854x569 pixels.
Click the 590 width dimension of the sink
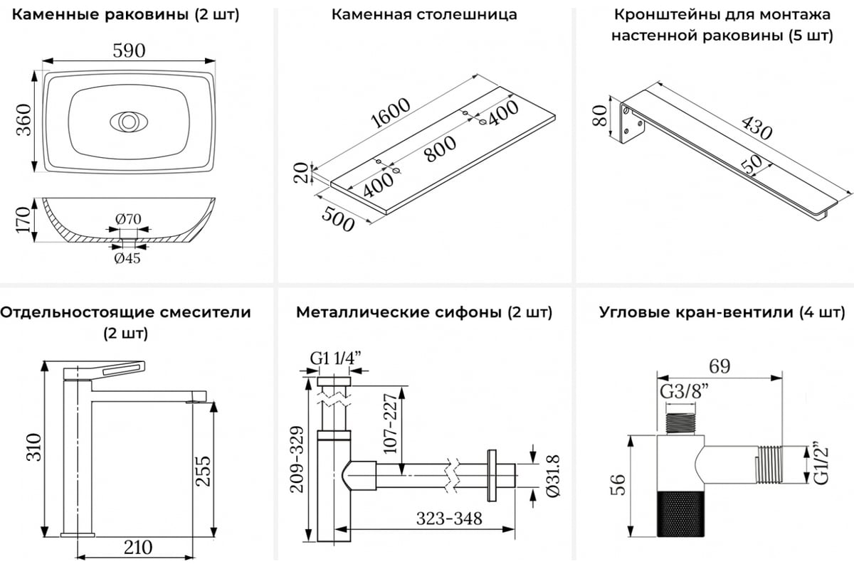128,51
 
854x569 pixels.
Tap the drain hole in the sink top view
128,122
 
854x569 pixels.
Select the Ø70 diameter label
128,219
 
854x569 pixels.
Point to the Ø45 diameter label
127,258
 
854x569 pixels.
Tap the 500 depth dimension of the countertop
337,218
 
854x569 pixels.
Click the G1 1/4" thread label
332,358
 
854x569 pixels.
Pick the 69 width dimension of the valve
720,366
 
